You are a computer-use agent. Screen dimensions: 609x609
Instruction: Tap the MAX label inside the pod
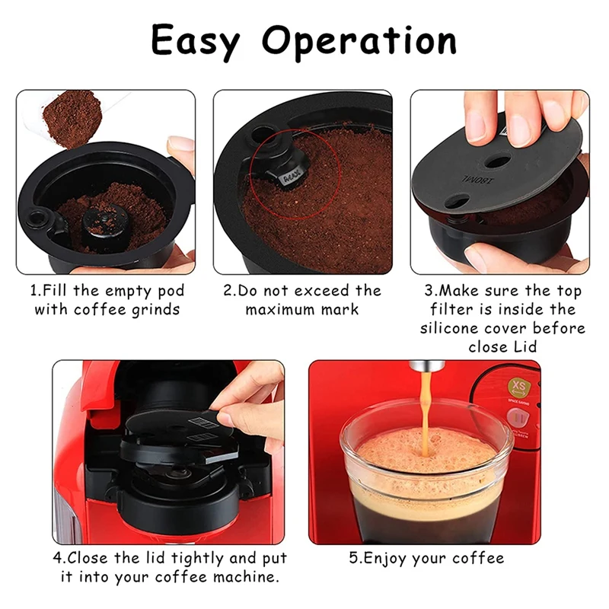coord(292,178)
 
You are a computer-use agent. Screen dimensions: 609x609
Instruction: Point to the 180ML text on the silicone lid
coord(478,180)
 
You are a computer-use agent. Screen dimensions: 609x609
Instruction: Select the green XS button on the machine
coord(519,387)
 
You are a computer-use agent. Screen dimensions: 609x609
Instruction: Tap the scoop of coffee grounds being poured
coord(72,118)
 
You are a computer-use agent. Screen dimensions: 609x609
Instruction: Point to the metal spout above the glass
coord(427,366)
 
